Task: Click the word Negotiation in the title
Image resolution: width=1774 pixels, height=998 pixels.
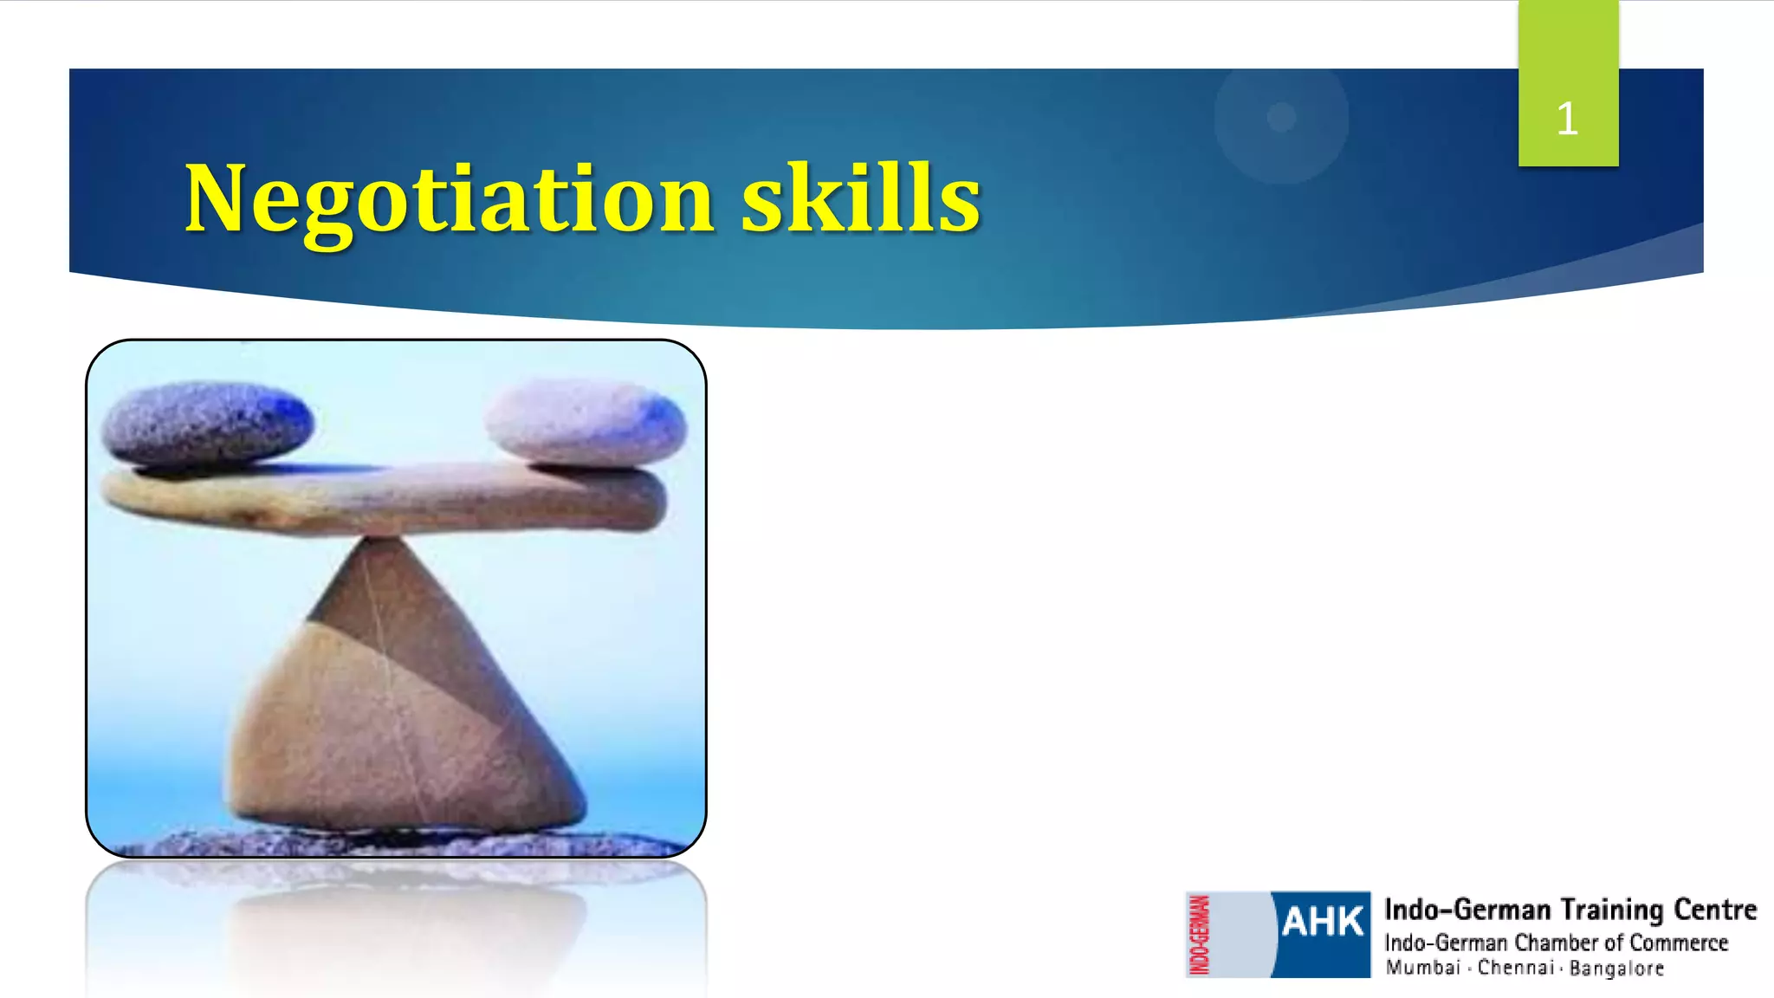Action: (x=449, y=201)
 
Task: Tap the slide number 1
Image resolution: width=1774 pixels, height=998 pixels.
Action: (x=1567, y=119)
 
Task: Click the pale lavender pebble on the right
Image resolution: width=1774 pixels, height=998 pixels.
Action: (x=586, y=423)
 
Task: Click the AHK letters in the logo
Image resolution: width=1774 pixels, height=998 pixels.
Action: (x=1323, y=922)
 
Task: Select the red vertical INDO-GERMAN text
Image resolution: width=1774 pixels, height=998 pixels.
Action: (x=1200, y=935)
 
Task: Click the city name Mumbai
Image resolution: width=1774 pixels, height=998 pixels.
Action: (x=1422, y=968)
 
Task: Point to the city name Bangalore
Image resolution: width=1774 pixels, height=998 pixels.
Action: (x=1616, y=969)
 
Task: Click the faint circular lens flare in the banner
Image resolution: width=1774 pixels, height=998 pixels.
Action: (x=1281, y=118)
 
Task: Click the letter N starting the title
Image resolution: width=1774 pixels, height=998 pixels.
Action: (x=212, y=199)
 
